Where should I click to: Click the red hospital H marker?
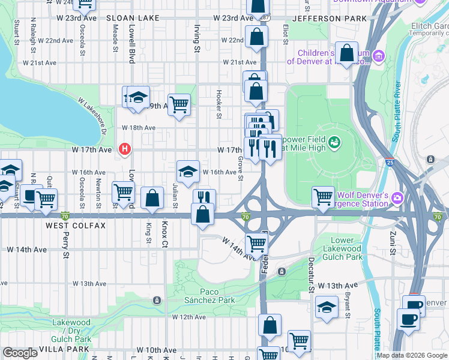pyautogui.click(x=125, y=149)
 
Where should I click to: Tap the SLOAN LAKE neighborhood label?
pyautogui.click(x=133, y=19)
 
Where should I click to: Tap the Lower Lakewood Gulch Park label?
pyautogui.click(x=343, y=248)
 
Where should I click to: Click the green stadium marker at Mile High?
pyautogui.click(x=335, y=142)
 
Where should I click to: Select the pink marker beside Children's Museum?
pyautogui.click(x=379, y=57)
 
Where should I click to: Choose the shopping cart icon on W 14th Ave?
pyautogui.click(x=257, y=243)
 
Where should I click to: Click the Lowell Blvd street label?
pyautogui.click(x=131, y=45)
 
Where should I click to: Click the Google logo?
pyautogui.click(x=20, y=353)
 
